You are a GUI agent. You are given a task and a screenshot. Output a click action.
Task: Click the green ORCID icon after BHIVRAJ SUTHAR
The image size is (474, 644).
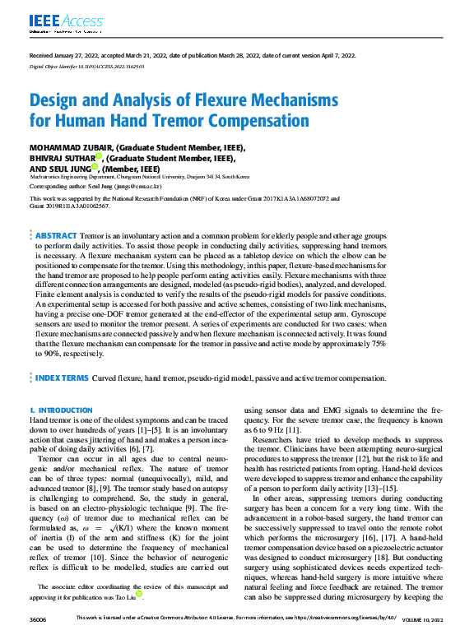pyautogui.click(x=98, y=156)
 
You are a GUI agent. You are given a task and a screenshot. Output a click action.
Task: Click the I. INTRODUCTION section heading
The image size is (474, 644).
pyautogui.click(x=59, y=409)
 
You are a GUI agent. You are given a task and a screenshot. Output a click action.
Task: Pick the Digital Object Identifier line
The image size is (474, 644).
pyautogui.click(x=86, y=64)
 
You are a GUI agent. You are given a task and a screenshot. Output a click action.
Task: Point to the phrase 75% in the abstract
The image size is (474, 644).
pyautogui.click(x=379, y=346)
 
